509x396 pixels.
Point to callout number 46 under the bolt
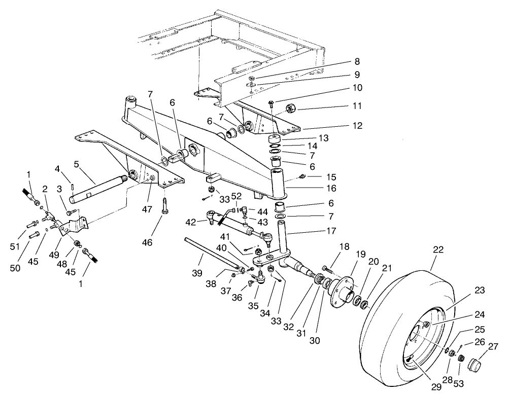click(x=76, y=165)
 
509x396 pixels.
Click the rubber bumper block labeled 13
click(x=277, y=140)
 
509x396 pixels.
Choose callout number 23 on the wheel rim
click(x=480, y=291)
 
